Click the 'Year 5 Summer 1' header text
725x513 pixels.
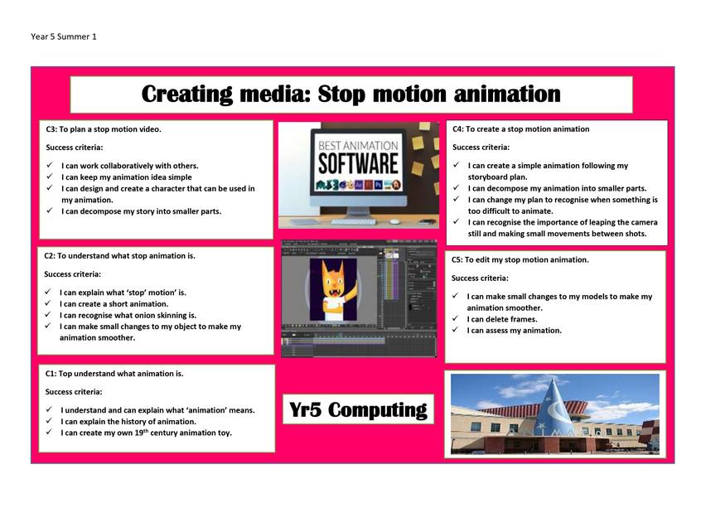click(x=64, y=36)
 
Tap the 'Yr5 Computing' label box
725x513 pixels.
click(x=358, y=409)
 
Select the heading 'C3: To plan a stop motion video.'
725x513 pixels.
click(x=104, y=129)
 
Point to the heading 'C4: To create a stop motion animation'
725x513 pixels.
click(x=521, y=129)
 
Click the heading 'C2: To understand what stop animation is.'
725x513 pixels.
click(x=120, y=256)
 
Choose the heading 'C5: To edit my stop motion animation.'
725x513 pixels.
click(x=520, y=260)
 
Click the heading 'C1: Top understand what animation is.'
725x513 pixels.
click(x=114, y=374)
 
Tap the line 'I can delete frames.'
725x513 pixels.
click(x=502, y=319)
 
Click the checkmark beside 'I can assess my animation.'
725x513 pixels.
click(x=456, y=329)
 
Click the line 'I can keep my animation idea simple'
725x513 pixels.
click(x=127, y=177)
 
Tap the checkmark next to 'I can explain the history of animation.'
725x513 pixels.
click(x=49, y=420)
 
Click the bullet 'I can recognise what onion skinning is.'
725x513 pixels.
click(x=128, y=316)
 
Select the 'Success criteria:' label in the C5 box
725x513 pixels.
click(x=480, y=278)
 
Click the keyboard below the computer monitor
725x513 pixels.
click(x=354, y=221)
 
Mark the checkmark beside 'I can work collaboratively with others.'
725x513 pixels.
click(x=50, y=165)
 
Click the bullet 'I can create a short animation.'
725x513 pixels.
click(x=114, y=304)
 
